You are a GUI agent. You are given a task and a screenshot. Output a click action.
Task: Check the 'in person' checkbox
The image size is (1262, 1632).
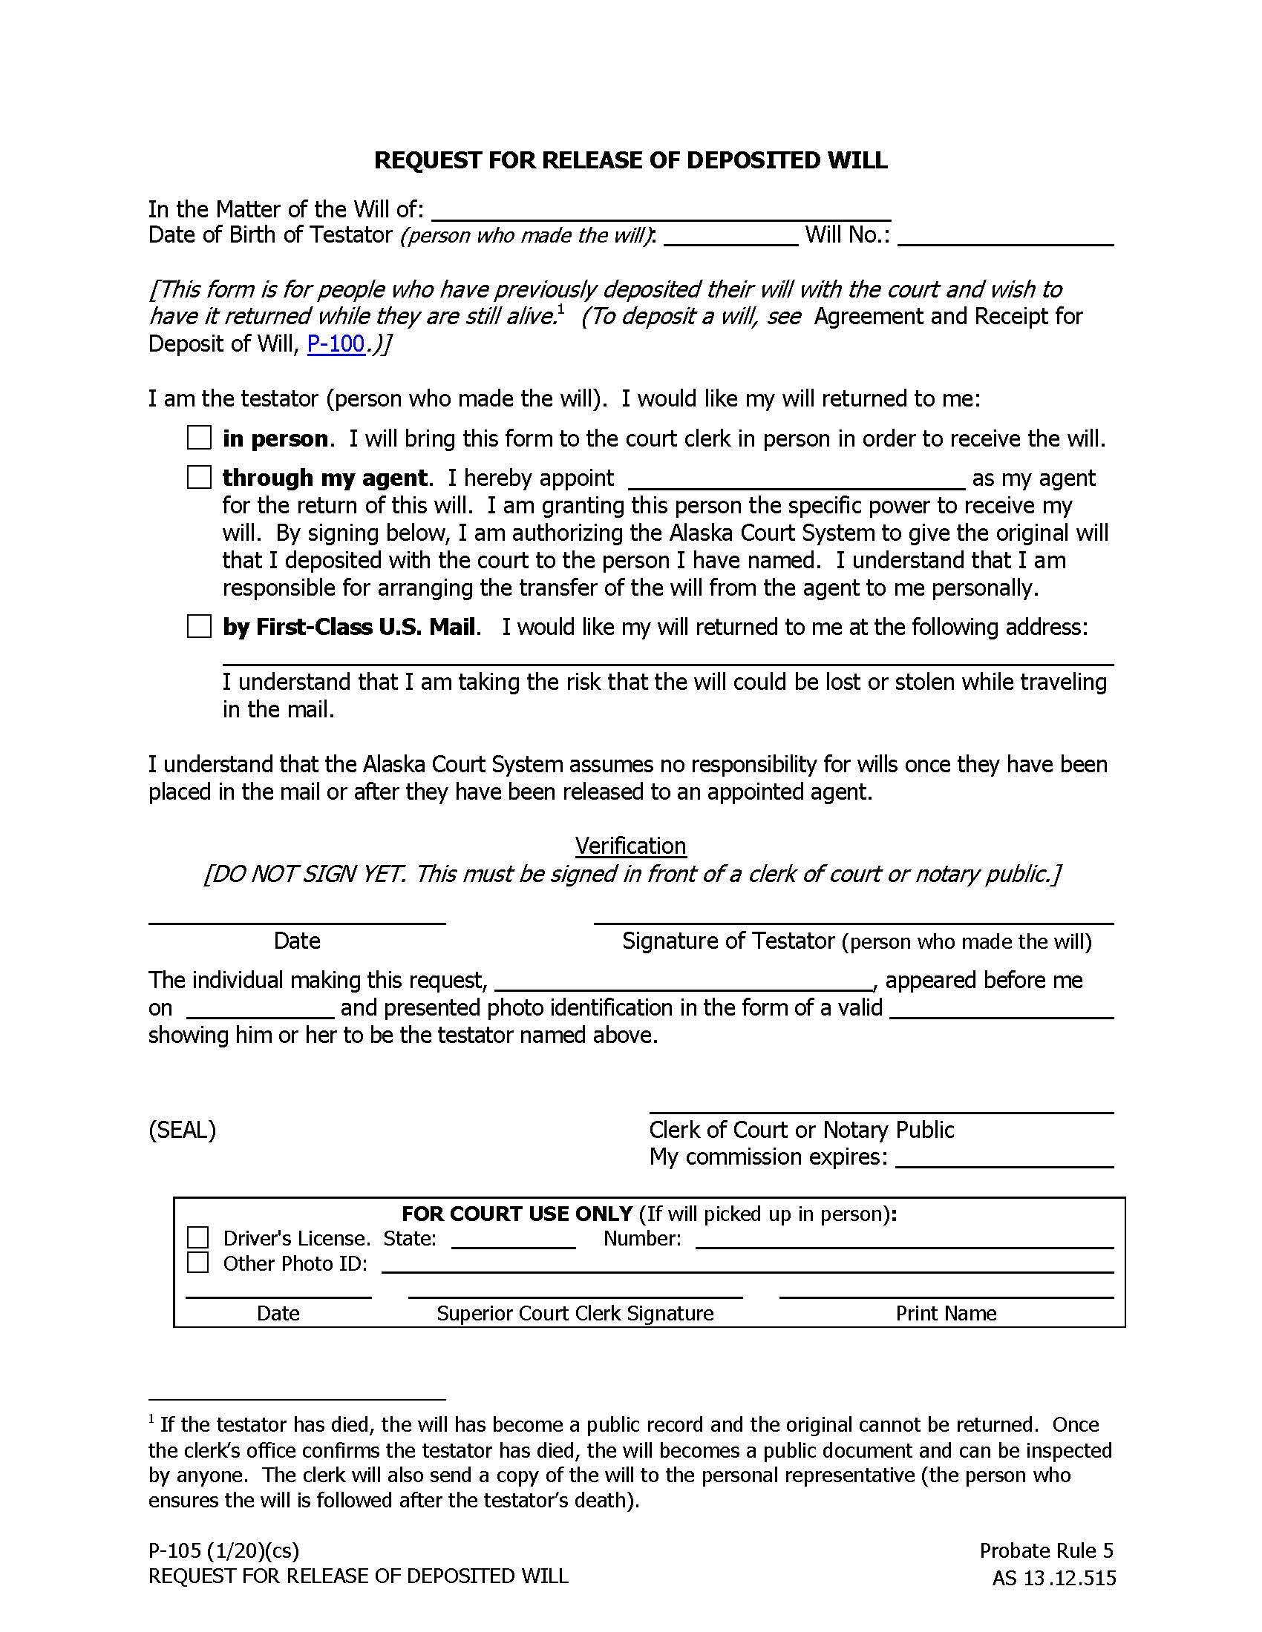pos(199,437)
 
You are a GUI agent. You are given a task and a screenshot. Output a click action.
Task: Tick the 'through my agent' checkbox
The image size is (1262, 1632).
pos(199,477)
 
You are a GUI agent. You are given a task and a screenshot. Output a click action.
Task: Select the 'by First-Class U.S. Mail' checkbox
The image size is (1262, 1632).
pos(199,626)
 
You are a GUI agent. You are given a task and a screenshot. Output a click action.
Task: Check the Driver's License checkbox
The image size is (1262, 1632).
pos(197,1237)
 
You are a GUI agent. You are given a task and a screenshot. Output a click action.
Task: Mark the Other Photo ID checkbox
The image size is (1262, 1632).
pos(197,1262)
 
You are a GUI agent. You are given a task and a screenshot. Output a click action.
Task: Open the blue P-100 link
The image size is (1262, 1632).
pos(336,343)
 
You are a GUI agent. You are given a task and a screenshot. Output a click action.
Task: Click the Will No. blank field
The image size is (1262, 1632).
pos(1005,236)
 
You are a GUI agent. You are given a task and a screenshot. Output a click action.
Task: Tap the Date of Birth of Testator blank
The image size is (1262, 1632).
pos(730,236)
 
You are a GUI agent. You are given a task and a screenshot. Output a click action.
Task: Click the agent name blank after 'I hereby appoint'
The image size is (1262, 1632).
pos(797,479)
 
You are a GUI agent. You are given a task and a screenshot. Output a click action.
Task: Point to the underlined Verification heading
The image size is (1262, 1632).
pos(630,846)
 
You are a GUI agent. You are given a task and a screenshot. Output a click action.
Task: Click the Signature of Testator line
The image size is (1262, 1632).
pos(853,916)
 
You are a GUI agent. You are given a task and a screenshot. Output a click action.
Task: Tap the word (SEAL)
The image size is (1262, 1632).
pos(183,1129)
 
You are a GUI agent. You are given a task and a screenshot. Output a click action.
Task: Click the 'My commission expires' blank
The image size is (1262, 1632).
pos(1004,1158)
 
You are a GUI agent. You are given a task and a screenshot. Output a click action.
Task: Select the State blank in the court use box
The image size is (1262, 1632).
pos(514,1240)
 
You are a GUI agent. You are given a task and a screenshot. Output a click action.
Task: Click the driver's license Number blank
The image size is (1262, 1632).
pos(904,1240)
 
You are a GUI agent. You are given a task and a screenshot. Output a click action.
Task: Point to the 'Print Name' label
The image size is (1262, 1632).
pos(946,1313)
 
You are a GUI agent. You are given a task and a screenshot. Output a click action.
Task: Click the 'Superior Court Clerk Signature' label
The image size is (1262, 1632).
pos(575,1313)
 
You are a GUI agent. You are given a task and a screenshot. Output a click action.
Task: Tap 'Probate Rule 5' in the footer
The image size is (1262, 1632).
pos(1046,1550)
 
